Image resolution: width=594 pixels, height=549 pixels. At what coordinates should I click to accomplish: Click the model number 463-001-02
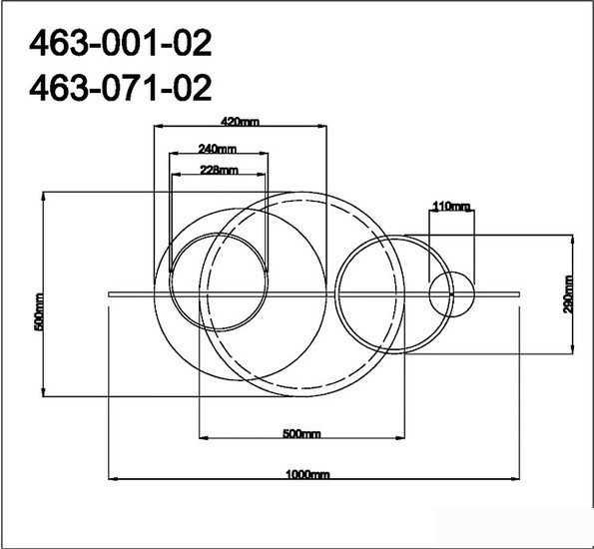coord(120,43)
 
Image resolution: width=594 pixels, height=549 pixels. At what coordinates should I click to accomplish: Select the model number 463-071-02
coord(120,88)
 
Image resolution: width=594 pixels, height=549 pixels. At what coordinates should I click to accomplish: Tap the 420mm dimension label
coord(241,122)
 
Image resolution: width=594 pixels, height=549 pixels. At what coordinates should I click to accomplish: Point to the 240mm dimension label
coord(217,149)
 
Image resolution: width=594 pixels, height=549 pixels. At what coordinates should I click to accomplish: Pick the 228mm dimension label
coord(219,170)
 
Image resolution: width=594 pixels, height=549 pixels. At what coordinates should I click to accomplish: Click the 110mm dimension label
coord(451,206)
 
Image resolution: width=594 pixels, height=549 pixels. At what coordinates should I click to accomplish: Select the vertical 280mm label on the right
coord(568,294)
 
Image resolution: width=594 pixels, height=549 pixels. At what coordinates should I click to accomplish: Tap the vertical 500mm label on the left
coord(39,311)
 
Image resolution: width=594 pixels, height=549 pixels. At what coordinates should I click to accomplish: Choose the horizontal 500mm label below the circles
coord(301,433)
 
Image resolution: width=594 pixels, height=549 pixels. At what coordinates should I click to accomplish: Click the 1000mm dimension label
coord(307,474)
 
